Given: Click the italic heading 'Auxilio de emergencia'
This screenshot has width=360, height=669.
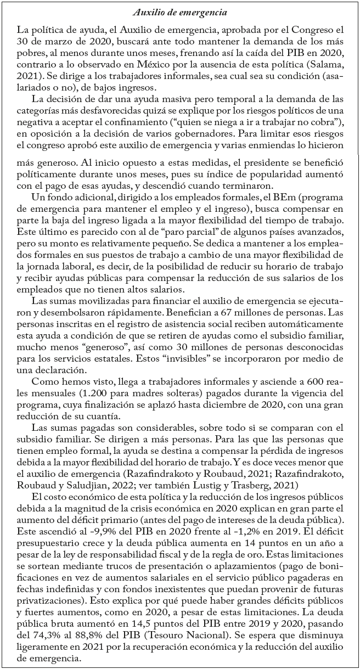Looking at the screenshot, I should click(180, 9).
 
